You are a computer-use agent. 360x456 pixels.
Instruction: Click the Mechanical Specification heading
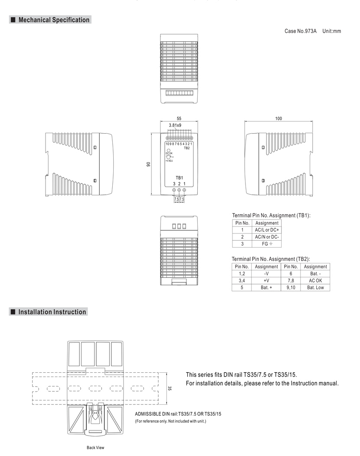tap(54, 20)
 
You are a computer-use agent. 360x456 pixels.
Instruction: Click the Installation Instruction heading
tap(52, 312)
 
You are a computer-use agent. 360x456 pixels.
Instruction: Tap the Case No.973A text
tap(301, 31)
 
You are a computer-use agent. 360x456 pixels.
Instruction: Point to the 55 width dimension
tap(179, 118)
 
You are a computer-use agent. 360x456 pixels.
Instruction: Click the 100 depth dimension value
tap(278, 118)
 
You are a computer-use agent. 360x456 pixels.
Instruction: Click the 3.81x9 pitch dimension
tap(175, 125)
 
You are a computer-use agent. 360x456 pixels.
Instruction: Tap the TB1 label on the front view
tap(180, 178)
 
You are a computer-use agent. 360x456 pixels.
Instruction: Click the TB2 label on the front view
tap(187, 148)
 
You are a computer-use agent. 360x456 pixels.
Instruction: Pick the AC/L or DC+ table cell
tap(267, 230)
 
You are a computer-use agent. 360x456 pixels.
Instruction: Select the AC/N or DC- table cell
tap(267, 237)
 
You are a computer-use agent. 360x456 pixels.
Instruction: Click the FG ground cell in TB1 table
tap(267, 244)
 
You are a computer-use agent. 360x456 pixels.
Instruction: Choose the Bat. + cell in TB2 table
tap(266, 287)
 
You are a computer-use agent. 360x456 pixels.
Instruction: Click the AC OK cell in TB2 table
tap(315, 280)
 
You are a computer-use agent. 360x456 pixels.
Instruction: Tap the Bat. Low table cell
tap(315, 287)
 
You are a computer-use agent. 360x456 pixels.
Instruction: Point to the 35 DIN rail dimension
tap(170, 388)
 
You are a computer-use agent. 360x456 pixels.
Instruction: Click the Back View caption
tap(95, 448)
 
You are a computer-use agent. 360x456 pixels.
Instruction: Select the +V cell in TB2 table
tap(266, 280)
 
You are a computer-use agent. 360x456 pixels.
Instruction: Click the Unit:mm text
tap(331, 31)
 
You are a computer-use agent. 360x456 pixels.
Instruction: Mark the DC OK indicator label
tap(169, 153)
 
